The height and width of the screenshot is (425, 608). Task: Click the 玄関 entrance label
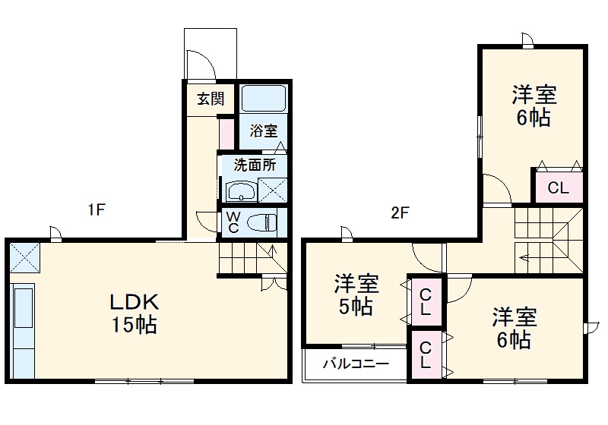[x=211, y=99]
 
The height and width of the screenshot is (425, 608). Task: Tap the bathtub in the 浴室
[x=263, y=99]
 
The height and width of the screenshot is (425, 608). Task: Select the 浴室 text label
[x=264, y=131]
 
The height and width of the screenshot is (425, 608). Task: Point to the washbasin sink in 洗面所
[x=241, y=191]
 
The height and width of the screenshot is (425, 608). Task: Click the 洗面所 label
[x=255, y=165]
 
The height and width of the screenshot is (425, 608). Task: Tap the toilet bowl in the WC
[x=261, y=223]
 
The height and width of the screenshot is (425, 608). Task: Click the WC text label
[x=233, y=222]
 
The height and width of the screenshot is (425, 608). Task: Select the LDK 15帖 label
[x=135, y=313]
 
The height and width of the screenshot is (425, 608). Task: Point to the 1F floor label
[x=97, y=210]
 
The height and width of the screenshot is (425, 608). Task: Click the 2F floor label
[x=400, y=212]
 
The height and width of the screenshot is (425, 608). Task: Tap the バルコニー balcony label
[x=356, y=364]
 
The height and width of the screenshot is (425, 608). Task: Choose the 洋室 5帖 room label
[x=356, y=295]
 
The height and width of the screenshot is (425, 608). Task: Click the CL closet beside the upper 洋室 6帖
[x=559, y=188]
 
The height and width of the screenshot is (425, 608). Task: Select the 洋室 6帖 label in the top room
[x=534, y=105]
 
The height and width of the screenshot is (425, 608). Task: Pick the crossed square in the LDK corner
[x=24, y=258]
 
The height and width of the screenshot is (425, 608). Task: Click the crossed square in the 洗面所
[x=273, y=190]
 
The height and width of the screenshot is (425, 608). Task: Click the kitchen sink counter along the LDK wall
[x=24, y=331]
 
